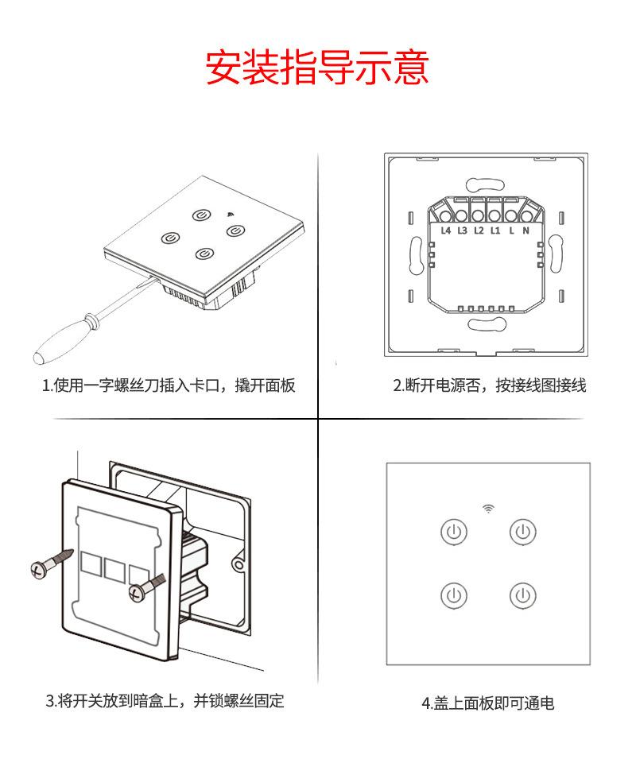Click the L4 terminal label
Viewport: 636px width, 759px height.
[x=445, y=230]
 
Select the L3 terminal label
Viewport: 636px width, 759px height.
[x=462, y=230]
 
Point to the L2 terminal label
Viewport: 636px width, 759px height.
[x=478, y=230]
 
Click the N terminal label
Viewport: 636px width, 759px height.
[x=525, y=230]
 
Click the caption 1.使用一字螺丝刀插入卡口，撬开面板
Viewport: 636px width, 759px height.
[x=169, y=386]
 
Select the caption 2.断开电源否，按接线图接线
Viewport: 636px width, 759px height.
[x=490, y=386]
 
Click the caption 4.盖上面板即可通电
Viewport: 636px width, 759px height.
[x=487, y=703]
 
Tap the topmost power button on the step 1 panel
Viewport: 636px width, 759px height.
[x=201, y=215]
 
